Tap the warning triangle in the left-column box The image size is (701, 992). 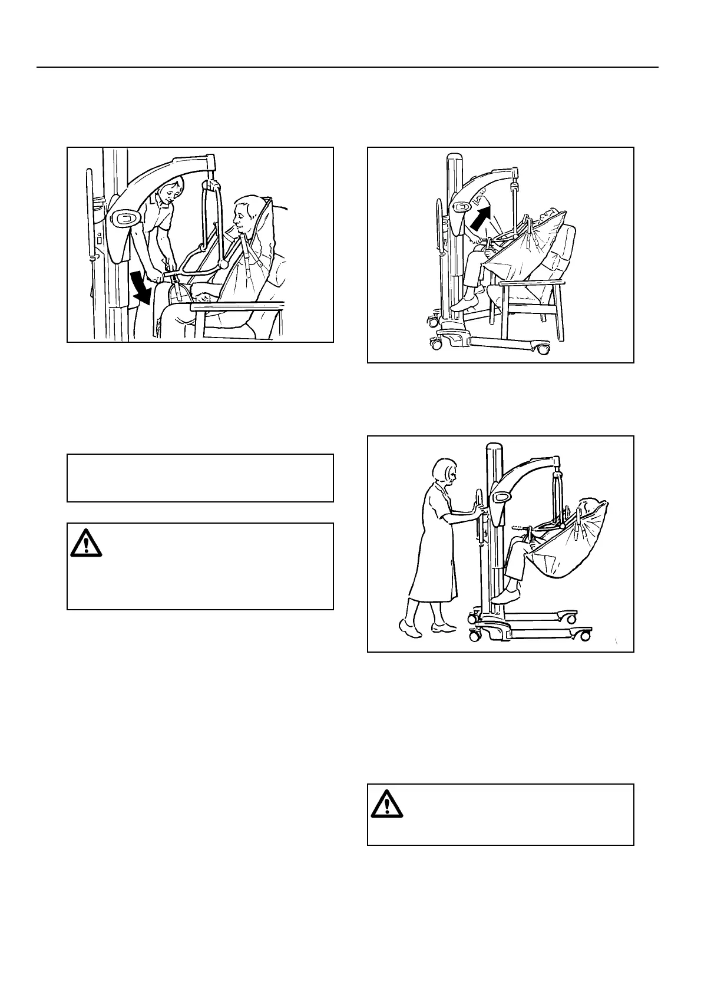pos(86,543)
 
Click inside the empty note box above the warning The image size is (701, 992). pos(200,478)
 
